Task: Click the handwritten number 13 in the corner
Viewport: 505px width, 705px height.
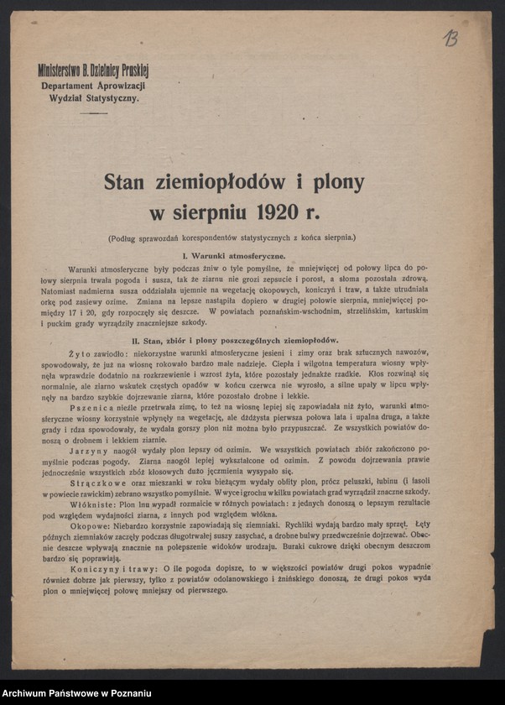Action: (450, 38)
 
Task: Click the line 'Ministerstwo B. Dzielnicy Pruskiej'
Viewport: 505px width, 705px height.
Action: (93, 73)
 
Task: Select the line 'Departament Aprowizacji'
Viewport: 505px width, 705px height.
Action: (93, 86)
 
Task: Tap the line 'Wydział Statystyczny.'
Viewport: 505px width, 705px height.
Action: (93, 98)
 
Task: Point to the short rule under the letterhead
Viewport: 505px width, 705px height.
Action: (92, 113)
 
